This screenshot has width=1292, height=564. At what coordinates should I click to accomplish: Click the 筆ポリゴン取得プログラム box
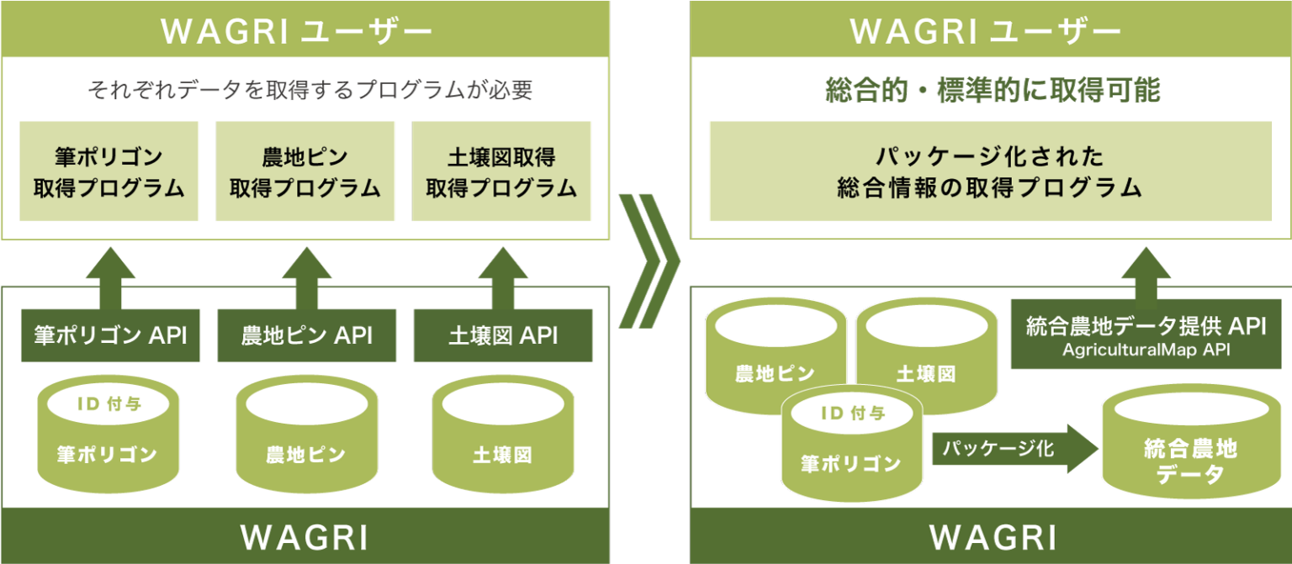coord(109,171)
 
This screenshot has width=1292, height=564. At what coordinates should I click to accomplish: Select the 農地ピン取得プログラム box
coord(305,171)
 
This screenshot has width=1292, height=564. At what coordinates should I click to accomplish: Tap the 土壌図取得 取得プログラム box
coord(501,171)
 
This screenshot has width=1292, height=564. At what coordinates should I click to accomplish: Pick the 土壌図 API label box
coord(503,335)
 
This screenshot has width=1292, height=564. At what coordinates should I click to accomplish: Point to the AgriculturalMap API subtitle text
coord(1146,350)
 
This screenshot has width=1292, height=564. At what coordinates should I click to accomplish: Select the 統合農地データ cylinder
coord(1189,450)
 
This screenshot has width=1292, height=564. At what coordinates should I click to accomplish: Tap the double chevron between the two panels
coord(649,261)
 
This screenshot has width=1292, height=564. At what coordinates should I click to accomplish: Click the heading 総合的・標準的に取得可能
coord(993,90)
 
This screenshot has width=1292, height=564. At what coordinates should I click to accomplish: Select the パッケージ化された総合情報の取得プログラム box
coord(990,171)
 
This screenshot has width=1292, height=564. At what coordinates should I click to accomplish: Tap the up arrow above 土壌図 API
coord(503,277)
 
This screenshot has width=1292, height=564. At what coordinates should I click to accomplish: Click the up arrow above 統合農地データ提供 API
coord(1146,271)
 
